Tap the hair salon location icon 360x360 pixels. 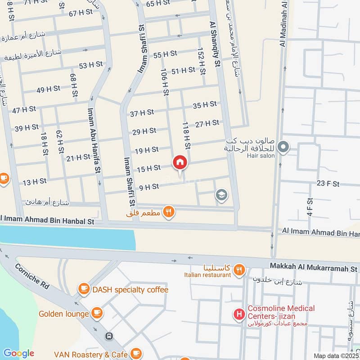point(283,147)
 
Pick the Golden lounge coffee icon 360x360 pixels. point(96,313)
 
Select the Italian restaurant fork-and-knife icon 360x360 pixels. point(239,270)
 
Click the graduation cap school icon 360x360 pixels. point(221,195)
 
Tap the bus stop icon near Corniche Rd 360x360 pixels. point(108,336)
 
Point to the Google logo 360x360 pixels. point(18,353)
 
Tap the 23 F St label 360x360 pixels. point(328,184)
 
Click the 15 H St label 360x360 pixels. point(148,168)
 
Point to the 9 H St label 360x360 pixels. point(149,187)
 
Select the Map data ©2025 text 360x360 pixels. point(336,355)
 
